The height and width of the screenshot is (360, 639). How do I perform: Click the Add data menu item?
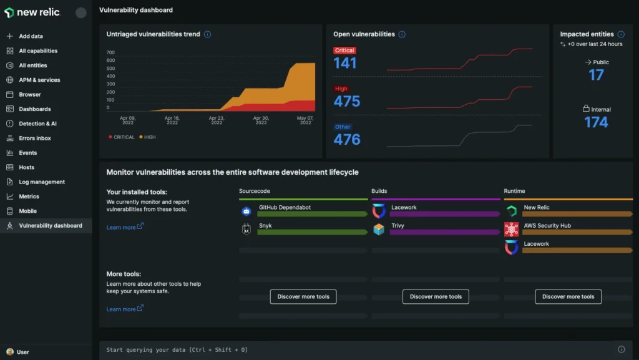(31, 36)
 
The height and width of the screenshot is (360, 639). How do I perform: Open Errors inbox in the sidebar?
(35, 138)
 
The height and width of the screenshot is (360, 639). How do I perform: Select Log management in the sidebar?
(41, 182)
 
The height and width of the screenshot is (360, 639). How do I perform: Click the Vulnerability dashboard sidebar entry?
(50, 225)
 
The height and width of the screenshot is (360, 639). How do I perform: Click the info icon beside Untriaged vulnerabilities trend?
(208, 34)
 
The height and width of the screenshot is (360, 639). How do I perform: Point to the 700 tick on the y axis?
(110, 52)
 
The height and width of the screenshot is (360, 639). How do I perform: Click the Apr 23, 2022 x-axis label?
(217, 120)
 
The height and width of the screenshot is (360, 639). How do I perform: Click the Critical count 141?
(345, 63)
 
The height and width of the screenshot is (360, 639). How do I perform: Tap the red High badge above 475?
(341, 89)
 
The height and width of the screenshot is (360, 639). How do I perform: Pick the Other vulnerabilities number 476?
(347, 140)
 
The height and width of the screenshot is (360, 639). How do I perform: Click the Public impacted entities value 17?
(597, 75)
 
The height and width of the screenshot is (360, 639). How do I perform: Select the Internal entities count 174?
(596, 122)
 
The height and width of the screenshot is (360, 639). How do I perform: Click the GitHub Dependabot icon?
(246, 212)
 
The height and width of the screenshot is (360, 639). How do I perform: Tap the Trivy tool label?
(398, 225)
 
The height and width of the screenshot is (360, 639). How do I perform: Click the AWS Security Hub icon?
(511, 229)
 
